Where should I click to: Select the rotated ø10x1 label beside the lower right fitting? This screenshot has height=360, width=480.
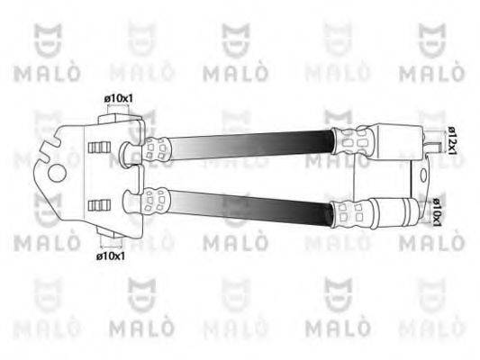point(436,212)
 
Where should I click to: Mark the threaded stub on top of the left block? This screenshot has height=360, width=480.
point(117,112)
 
